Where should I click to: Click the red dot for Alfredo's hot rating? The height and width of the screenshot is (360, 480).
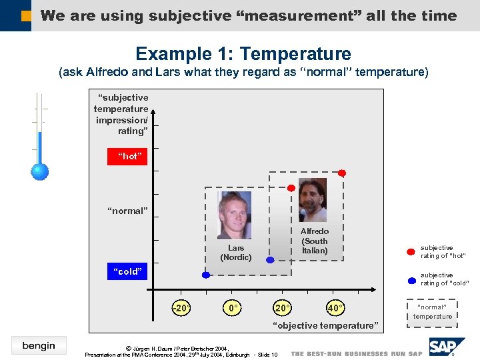[x=342, y=173]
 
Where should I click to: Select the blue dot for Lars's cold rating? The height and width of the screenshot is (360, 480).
[x=207, y=274]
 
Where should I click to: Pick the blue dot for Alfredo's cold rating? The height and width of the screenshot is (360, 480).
[x=270, y=260]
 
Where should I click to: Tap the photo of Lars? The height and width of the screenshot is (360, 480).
[x=235, y=215]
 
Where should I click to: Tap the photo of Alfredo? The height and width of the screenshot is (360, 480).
[x=313, y=199]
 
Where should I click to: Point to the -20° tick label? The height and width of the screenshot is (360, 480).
[x=180, y=308]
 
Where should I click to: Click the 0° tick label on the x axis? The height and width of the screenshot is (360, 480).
[x=233, y=308]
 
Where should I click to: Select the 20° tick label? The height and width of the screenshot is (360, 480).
[x=283, y=308]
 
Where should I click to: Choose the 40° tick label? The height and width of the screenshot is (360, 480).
[x=335, y=308]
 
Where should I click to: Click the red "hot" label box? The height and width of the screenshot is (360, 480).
[x=129, y=156]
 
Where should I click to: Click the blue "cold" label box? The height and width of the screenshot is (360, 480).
[x=129, y=271]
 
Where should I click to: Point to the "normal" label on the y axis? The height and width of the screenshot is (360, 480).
[x=128, y=211]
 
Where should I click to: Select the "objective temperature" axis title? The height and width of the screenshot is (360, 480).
[x=326, y=325]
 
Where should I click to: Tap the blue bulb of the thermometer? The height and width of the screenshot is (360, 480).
[x=40, y=171]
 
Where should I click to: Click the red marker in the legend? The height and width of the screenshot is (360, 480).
[x=411, y=251]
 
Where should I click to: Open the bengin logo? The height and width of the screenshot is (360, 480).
[x=39, y=345]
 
